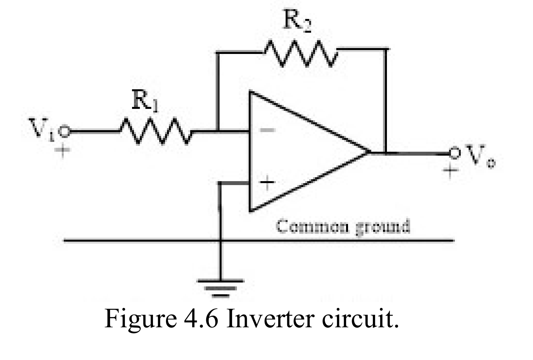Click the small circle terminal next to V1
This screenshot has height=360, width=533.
(64, 131)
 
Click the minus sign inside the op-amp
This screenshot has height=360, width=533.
(267, 130)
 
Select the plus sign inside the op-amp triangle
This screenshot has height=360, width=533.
(267, 182)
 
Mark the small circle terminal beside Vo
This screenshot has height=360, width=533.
(454, 152)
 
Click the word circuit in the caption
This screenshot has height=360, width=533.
(360, 319)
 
